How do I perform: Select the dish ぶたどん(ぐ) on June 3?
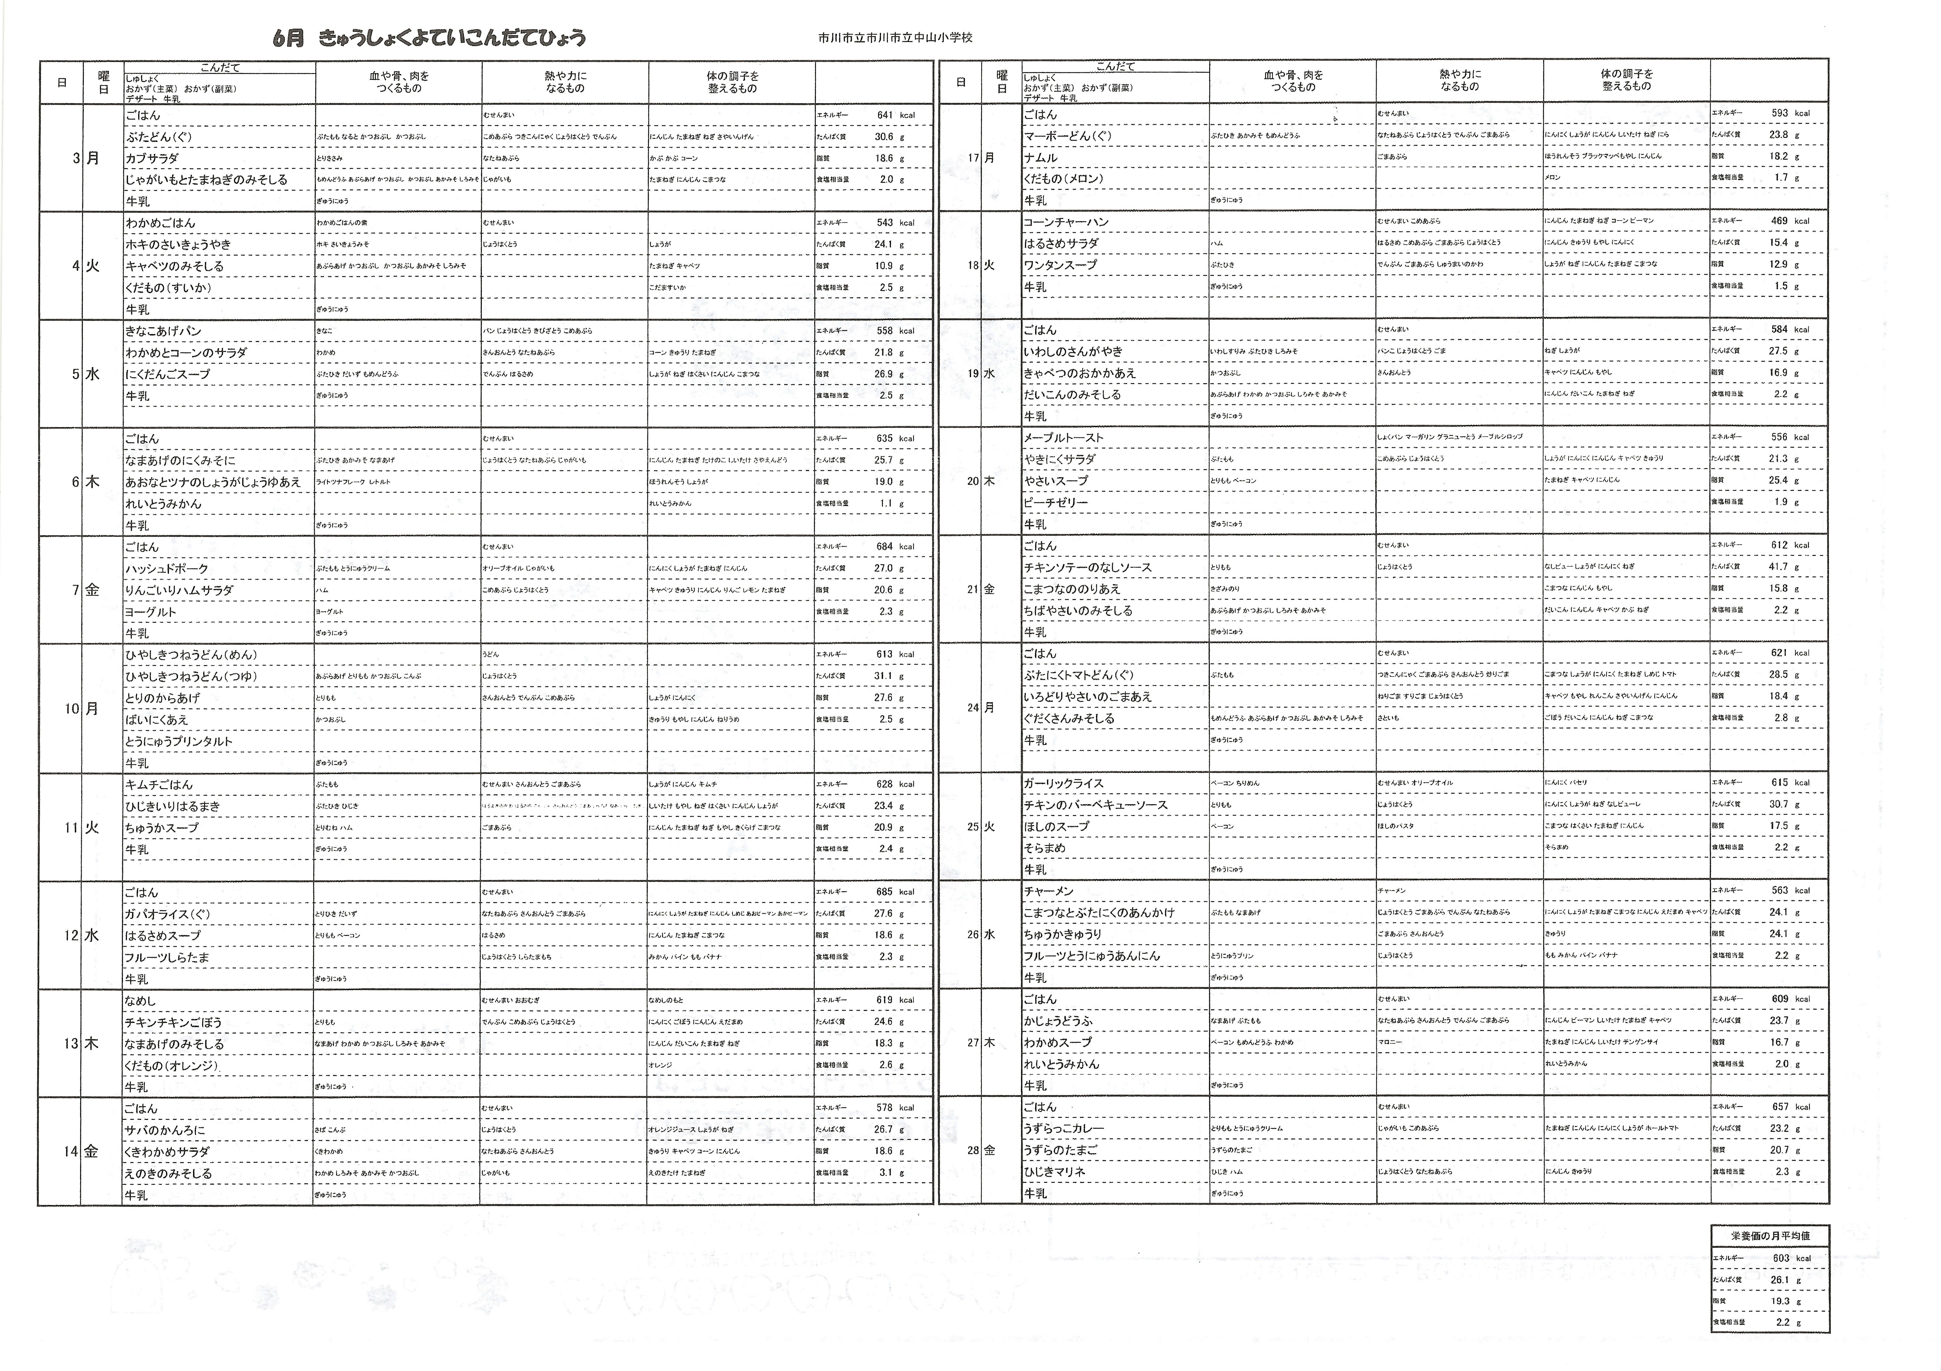pyautogui.click(x=160, y=137)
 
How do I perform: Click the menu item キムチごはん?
pyautogui.click(x=159, y=784)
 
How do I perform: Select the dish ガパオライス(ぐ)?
pyautogui.click(x=167, y=914)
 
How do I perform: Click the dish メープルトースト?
pyautogui.click(x=1064, y=437)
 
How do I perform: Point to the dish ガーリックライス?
pyautogui.click(x=1064, y=783)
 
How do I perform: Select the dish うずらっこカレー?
pyautogui.click(x=1064, y=1128)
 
